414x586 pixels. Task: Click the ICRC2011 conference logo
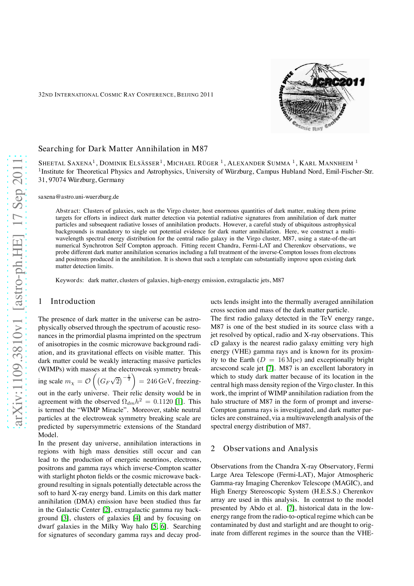tap(320, 96)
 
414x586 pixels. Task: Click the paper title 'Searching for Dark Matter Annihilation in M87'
tap(123, 149)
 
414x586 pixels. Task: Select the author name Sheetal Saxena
tap(65, 163)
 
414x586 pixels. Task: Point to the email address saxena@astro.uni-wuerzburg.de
tap(78, 197)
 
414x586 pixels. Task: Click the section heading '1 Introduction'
tap(67, 301)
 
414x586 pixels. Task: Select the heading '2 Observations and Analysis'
tap(264, 448)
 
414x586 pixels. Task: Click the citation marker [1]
tap(179, 402)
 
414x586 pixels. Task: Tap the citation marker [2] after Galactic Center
tap(107, 510)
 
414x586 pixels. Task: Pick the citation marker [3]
tap(64, 518)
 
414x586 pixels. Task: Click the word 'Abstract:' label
tap(68, 211)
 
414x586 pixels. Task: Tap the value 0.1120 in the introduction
tap(163, 402)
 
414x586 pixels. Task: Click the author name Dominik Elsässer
tap(130, 163)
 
